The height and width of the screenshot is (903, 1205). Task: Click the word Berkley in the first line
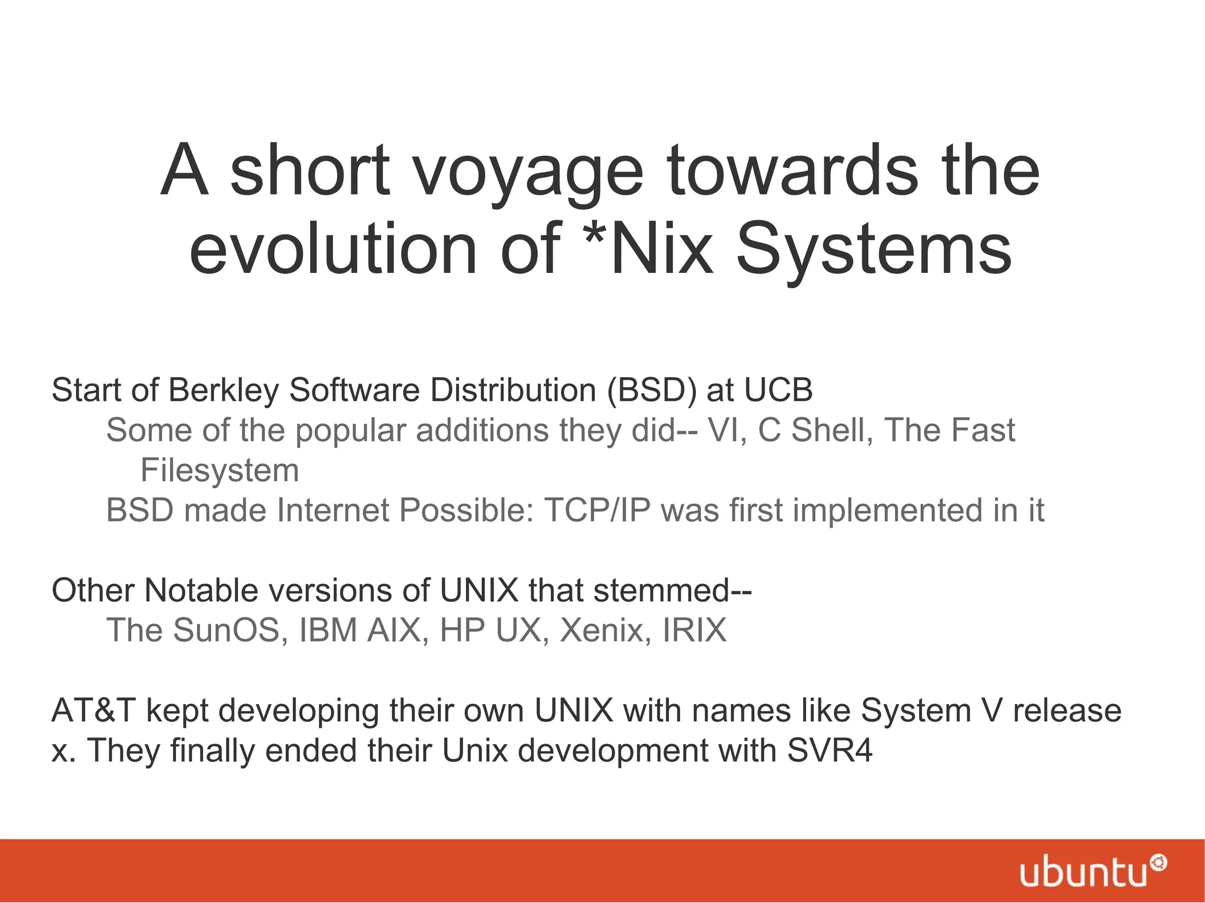(224, 390)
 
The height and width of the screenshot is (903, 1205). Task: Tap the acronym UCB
(778, 390)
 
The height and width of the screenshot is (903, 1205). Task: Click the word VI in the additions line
(723, 430)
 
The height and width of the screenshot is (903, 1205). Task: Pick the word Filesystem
(219, 471)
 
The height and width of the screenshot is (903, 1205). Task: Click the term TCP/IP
(597, 510)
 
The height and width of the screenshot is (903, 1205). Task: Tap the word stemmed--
(673, 590)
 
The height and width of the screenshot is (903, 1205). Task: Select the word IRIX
(695, 630)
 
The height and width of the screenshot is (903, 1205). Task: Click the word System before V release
(916, 711)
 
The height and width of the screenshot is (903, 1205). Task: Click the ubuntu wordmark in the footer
(1083, 874)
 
